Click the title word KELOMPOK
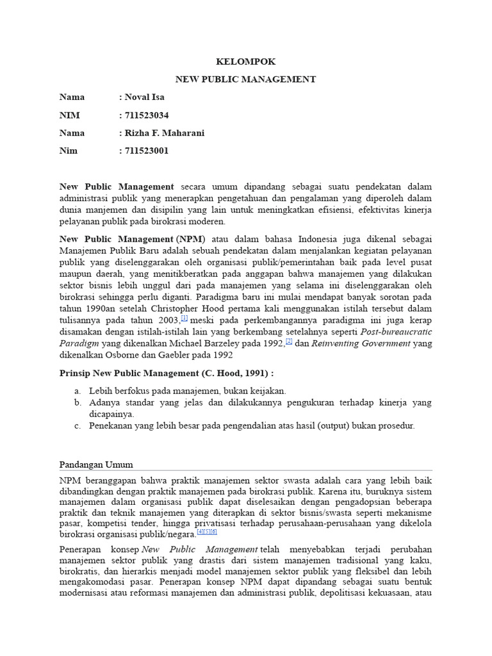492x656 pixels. tap(246, 62)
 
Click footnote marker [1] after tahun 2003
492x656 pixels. tap(184, 317)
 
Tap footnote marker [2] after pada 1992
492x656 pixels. tap(289, 341)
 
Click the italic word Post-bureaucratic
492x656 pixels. tap(397, 331)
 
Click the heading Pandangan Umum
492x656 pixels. tap(97, 464)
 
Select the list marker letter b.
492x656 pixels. tap(78, 402)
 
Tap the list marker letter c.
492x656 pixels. tap(78, 425)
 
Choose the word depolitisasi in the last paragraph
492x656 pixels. tap(332, 593)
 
